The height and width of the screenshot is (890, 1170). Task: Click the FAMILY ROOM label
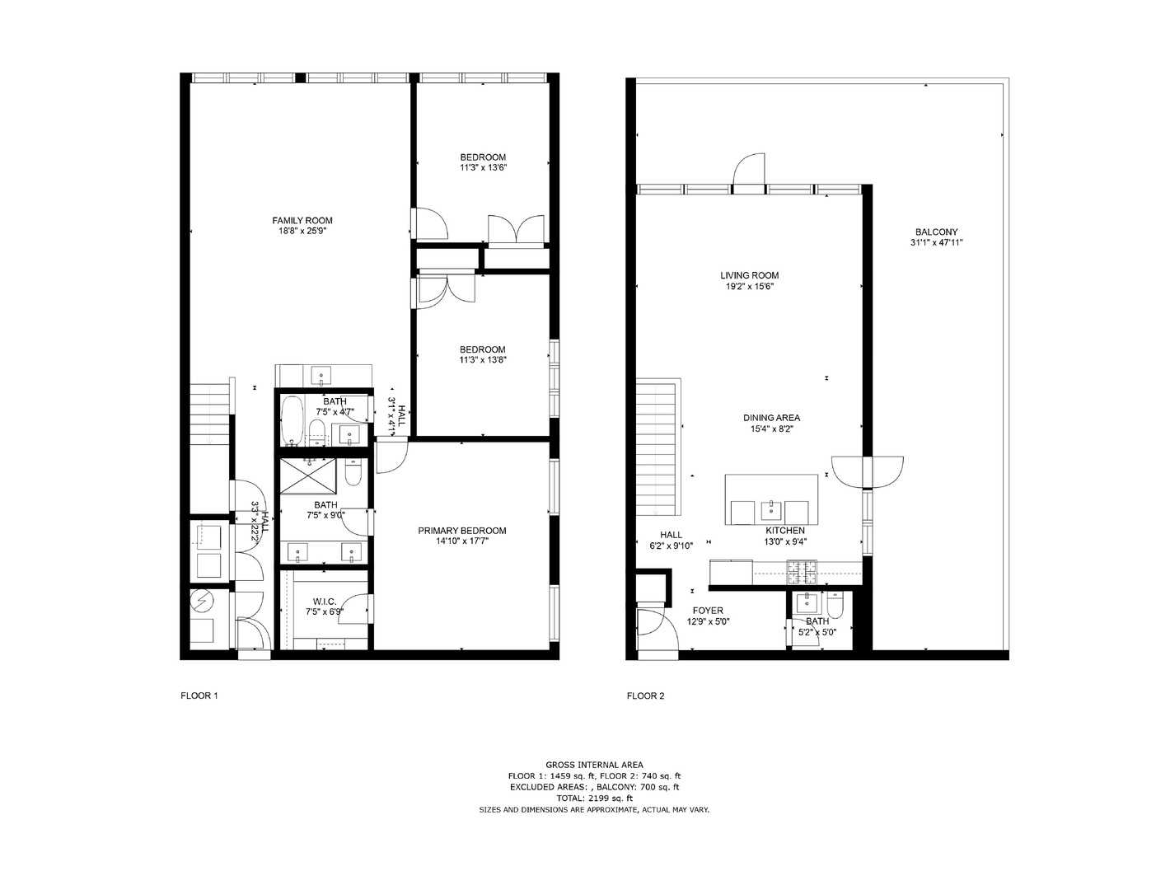click(x=302, y=220)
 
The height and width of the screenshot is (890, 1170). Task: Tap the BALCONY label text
click(x=936, y=232)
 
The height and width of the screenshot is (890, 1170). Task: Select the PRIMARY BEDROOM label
click(x=461, y=531)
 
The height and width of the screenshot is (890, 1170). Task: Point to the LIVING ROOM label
click(x=749, y=275)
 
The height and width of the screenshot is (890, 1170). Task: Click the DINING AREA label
click(x=771, y=418)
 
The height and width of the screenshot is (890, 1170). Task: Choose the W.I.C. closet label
click(x=323, y=602)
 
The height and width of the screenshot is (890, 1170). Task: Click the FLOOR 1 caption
click(x=199, y=696)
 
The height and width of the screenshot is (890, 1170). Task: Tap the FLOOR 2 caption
click(x=645, y=696)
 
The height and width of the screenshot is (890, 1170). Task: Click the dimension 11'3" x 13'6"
click(x=483, y=167)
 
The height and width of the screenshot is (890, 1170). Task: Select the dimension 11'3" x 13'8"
click(x=483, y=359)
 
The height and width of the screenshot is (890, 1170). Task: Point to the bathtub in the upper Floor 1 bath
click(x=292, y=419)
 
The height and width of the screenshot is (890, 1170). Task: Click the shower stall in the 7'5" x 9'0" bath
click(x=308, y=475)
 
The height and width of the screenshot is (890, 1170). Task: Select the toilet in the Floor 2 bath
click(x=835, y=607)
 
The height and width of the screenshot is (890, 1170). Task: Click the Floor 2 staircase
click(x=657, y=445)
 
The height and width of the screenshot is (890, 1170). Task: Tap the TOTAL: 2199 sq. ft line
click(x=594, y=798)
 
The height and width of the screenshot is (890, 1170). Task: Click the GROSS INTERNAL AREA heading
click(x=594, y=765)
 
